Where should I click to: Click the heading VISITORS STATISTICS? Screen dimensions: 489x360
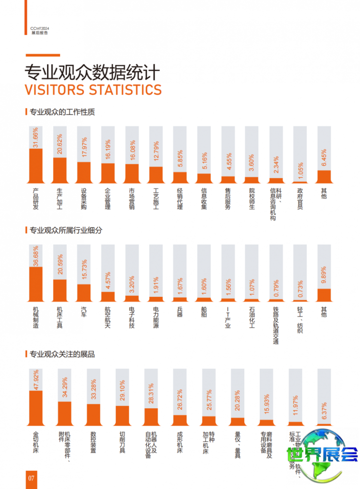pos(93,89)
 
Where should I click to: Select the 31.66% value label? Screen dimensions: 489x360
pos(36,138)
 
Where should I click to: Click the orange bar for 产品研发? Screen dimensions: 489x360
pos(36,166)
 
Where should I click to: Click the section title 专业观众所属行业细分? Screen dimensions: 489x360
pos(66,230)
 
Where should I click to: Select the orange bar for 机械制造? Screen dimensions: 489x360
pos(36,284)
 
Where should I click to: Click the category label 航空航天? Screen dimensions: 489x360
pos(108,317)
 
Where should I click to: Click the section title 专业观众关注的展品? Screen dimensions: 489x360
pos(62,355)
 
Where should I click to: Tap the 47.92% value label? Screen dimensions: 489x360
pos(36,380)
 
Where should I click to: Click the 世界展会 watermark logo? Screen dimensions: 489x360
pos(322,454)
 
